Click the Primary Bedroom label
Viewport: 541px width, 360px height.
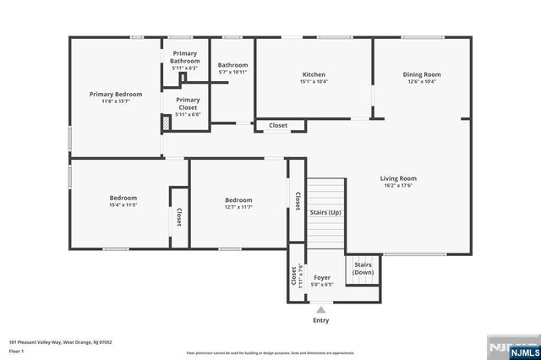point(116,94)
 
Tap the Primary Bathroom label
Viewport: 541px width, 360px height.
point(184,57)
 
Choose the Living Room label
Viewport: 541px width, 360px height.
point(398,178)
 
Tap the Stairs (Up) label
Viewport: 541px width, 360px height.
point(325,212)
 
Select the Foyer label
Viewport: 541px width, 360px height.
point(322,277)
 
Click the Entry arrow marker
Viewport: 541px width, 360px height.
point(321,310)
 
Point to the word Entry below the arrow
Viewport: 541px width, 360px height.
point(321,320)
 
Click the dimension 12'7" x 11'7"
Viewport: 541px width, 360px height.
point(238,207)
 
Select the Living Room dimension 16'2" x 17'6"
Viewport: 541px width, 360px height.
point(398,186)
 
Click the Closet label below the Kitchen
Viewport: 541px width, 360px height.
point(278,125)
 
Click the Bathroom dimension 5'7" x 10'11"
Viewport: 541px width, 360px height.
point(232,73)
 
